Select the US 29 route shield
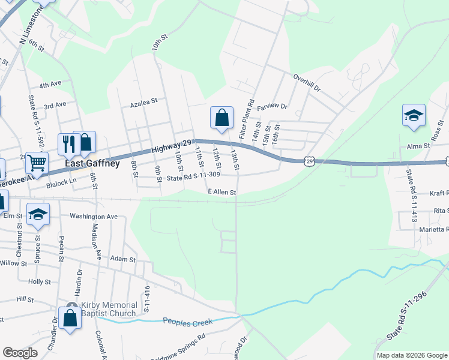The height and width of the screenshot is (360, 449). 309,161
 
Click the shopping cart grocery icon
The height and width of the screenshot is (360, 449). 37,163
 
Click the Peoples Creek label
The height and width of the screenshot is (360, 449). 188,322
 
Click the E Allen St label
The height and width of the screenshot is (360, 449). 222,192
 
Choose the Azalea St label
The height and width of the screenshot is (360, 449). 143,103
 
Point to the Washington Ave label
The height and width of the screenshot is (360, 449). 94,216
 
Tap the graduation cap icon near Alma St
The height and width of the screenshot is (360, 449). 414,116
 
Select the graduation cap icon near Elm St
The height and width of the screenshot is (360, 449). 38,215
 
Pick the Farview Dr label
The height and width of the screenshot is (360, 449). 273,107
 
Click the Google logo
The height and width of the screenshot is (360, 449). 20,353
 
